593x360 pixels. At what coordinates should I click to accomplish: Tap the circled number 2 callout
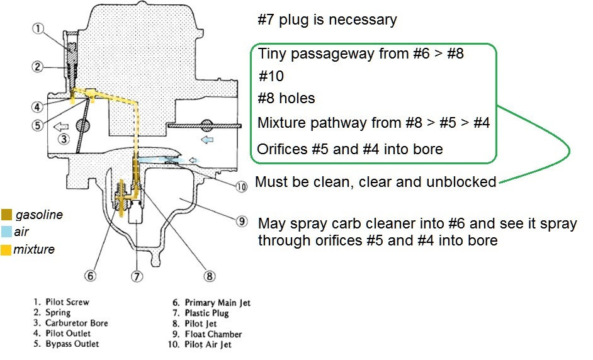[38, 66]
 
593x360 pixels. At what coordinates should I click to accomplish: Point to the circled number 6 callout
[92, 275]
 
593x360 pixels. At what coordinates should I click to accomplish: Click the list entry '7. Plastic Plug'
[206, 313]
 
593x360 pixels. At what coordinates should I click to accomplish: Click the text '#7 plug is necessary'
[327, 20]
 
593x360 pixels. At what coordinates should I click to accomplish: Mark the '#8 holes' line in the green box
[286, 99]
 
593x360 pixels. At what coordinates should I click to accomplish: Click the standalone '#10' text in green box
[271, 77]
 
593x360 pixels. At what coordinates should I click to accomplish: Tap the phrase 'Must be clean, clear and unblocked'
[376, 183]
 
